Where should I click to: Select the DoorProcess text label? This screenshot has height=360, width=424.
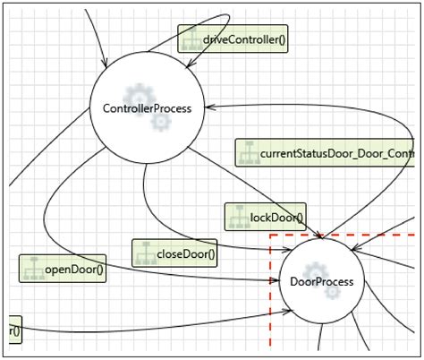coord(322,282)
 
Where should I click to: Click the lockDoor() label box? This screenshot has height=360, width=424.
coord(264,216)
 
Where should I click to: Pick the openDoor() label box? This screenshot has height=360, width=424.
coord(63,269)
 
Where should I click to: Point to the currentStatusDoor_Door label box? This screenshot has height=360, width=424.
coord(326,153)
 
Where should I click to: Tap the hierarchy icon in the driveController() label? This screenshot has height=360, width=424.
coord(191,39)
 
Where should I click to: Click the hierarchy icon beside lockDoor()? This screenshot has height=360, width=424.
coord(237,216)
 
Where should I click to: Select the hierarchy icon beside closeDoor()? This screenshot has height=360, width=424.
coord(145,253)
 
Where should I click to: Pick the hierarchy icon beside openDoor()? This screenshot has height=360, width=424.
coord(32,269)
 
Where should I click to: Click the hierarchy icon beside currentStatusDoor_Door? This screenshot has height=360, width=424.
coord(247,153)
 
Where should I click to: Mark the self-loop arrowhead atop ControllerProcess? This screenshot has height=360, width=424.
coord(188,64)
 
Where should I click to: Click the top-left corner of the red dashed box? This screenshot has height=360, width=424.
coord(271,235)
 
